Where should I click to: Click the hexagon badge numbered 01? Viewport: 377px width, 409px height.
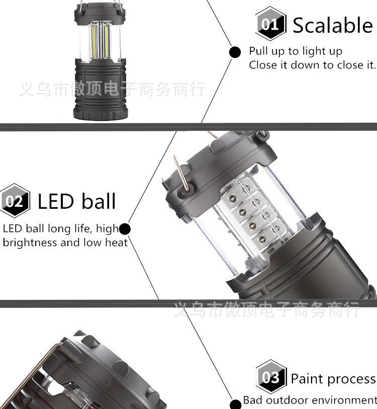270,24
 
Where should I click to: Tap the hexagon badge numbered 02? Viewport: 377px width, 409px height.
15,201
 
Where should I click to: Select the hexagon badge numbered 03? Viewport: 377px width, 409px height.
270,377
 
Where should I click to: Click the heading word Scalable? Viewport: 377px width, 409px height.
333,25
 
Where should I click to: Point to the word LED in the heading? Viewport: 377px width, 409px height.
56,201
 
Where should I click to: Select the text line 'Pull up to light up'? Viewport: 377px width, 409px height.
296,51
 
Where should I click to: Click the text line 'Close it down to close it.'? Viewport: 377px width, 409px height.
312,65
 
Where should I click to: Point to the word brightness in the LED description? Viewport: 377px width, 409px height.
30,242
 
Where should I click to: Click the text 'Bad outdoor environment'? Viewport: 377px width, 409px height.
310,400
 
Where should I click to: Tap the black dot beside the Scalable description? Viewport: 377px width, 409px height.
235,51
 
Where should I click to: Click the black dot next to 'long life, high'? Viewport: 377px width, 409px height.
125,229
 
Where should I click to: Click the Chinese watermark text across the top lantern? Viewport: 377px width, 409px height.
112,90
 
